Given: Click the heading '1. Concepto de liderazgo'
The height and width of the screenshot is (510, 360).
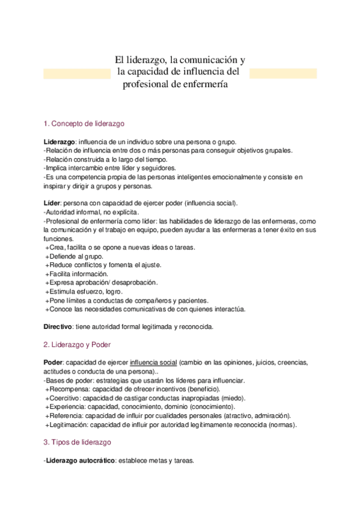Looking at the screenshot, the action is [x=84, y=124].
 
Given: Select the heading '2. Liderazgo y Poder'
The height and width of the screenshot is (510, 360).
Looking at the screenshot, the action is [x=78, y=345].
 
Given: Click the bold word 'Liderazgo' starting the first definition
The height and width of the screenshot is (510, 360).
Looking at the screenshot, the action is [x=59, y=141].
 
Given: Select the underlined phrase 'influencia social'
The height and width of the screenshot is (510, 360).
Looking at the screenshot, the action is [x=153, y=363].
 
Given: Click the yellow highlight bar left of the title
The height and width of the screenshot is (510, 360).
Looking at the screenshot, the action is [x=77, y=73].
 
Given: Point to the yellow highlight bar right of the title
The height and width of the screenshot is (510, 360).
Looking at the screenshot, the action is [x=283, y=73].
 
